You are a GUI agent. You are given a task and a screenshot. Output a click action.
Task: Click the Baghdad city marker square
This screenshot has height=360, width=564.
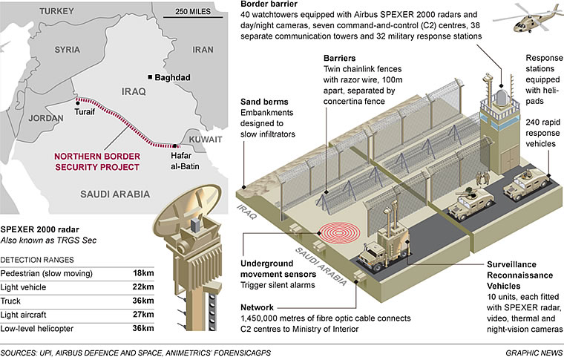pos(151,77)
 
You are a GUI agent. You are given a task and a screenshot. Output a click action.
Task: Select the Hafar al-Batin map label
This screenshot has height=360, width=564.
pos(191,158)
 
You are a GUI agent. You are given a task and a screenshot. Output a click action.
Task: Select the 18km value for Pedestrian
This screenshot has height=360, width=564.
pos(143,274)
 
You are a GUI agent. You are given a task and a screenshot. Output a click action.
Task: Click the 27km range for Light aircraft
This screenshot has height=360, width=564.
pos(143,315)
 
